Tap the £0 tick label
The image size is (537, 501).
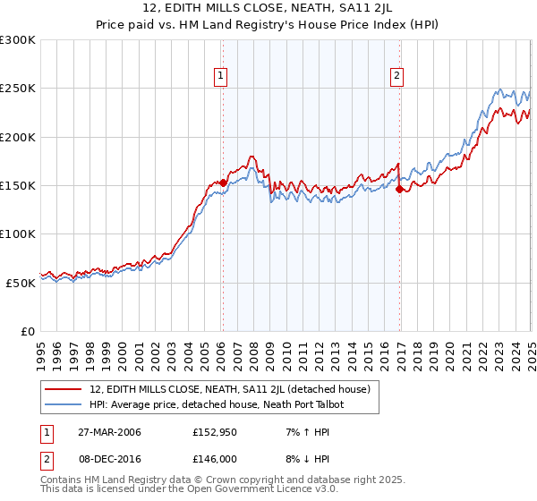pyautogui.click(x=29, y=331)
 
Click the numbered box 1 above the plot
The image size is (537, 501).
pyautogui.click(x=220, y=76)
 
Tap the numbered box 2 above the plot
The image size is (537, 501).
pyautogui.click(x=396, y=76)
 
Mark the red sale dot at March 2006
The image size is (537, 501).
pyautogui.click(x=223, y=183)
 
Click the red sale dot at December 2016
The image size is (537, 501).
pyautogui.click(x=399, y=189)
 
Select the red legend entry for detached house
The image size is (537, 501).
pyautogui.click(x=235, y=389)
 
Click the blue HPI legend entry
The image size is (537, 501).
pyautogui.click(x=217, y=404)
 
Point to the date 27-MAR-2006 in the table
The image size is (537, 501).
pyautogui.click(x=108, y=432)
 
